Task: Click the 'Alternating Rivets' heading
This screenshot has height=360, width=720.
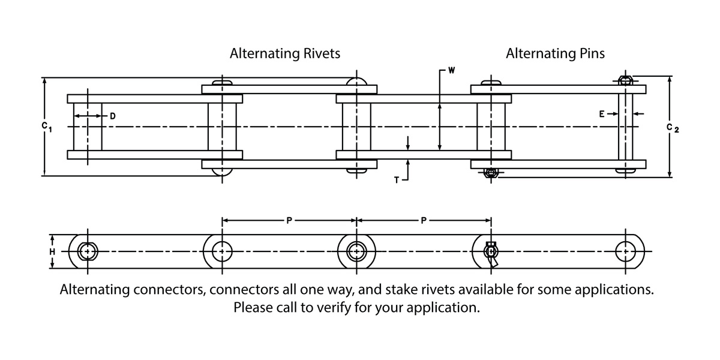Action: pos(285,53)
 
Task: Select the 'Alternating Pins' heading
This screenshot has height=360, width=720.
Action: pos(555,53)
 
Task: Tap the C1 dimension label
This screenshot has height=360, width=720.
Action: pos(46,126)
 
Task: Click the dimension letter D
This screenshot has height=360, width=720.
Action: pos(112,115)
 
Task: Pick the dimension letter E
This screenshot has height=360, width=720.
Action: pos(601,113)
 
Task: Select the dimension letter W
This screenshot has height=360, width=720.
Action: pos(451,70)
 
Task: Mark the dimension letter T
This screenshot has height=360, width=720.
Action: pos(397,179)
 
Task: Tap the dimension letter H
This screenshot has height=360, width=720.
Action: pos(52,251)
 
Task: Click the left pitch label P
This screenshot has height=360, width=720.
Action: pos(289,220)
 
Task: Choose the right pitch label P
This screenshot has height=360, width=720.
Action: pos(424,220)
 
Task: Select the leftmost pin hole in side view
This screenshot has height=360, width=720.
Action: pos(88,251)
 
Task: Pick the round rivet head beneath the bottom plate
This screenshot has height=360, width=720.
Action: pos(222,172)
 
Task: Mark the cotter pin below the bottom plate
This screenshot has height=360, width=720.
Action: pos(491,173)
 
